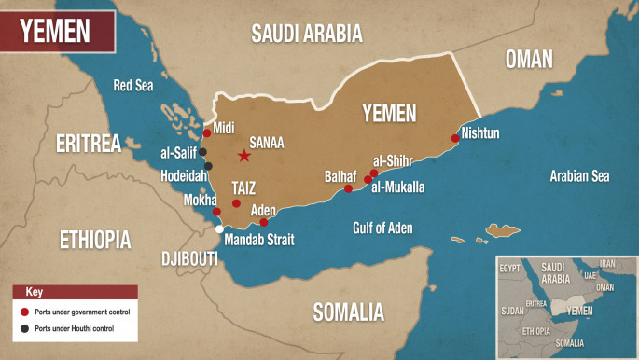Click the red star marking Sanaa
point(244,156)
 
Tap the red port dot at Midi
point(207,132)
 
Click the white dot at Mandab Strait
point(219,228)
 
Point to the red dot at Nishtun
point(455,138)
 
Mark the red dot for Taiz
point(236,203)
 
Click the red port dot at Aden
point(264,222)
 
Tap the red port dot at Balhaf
point(348,188)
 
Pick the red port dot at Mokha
point(216,212)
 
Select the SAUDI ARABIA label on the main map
point(306,35)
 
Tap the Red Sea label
point(132,86)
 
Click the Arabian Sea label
point(579,174)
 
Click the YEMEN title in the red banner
point(55,32)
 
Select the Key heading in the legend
point(35,292)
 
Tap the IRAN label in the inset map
point(607,264)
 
